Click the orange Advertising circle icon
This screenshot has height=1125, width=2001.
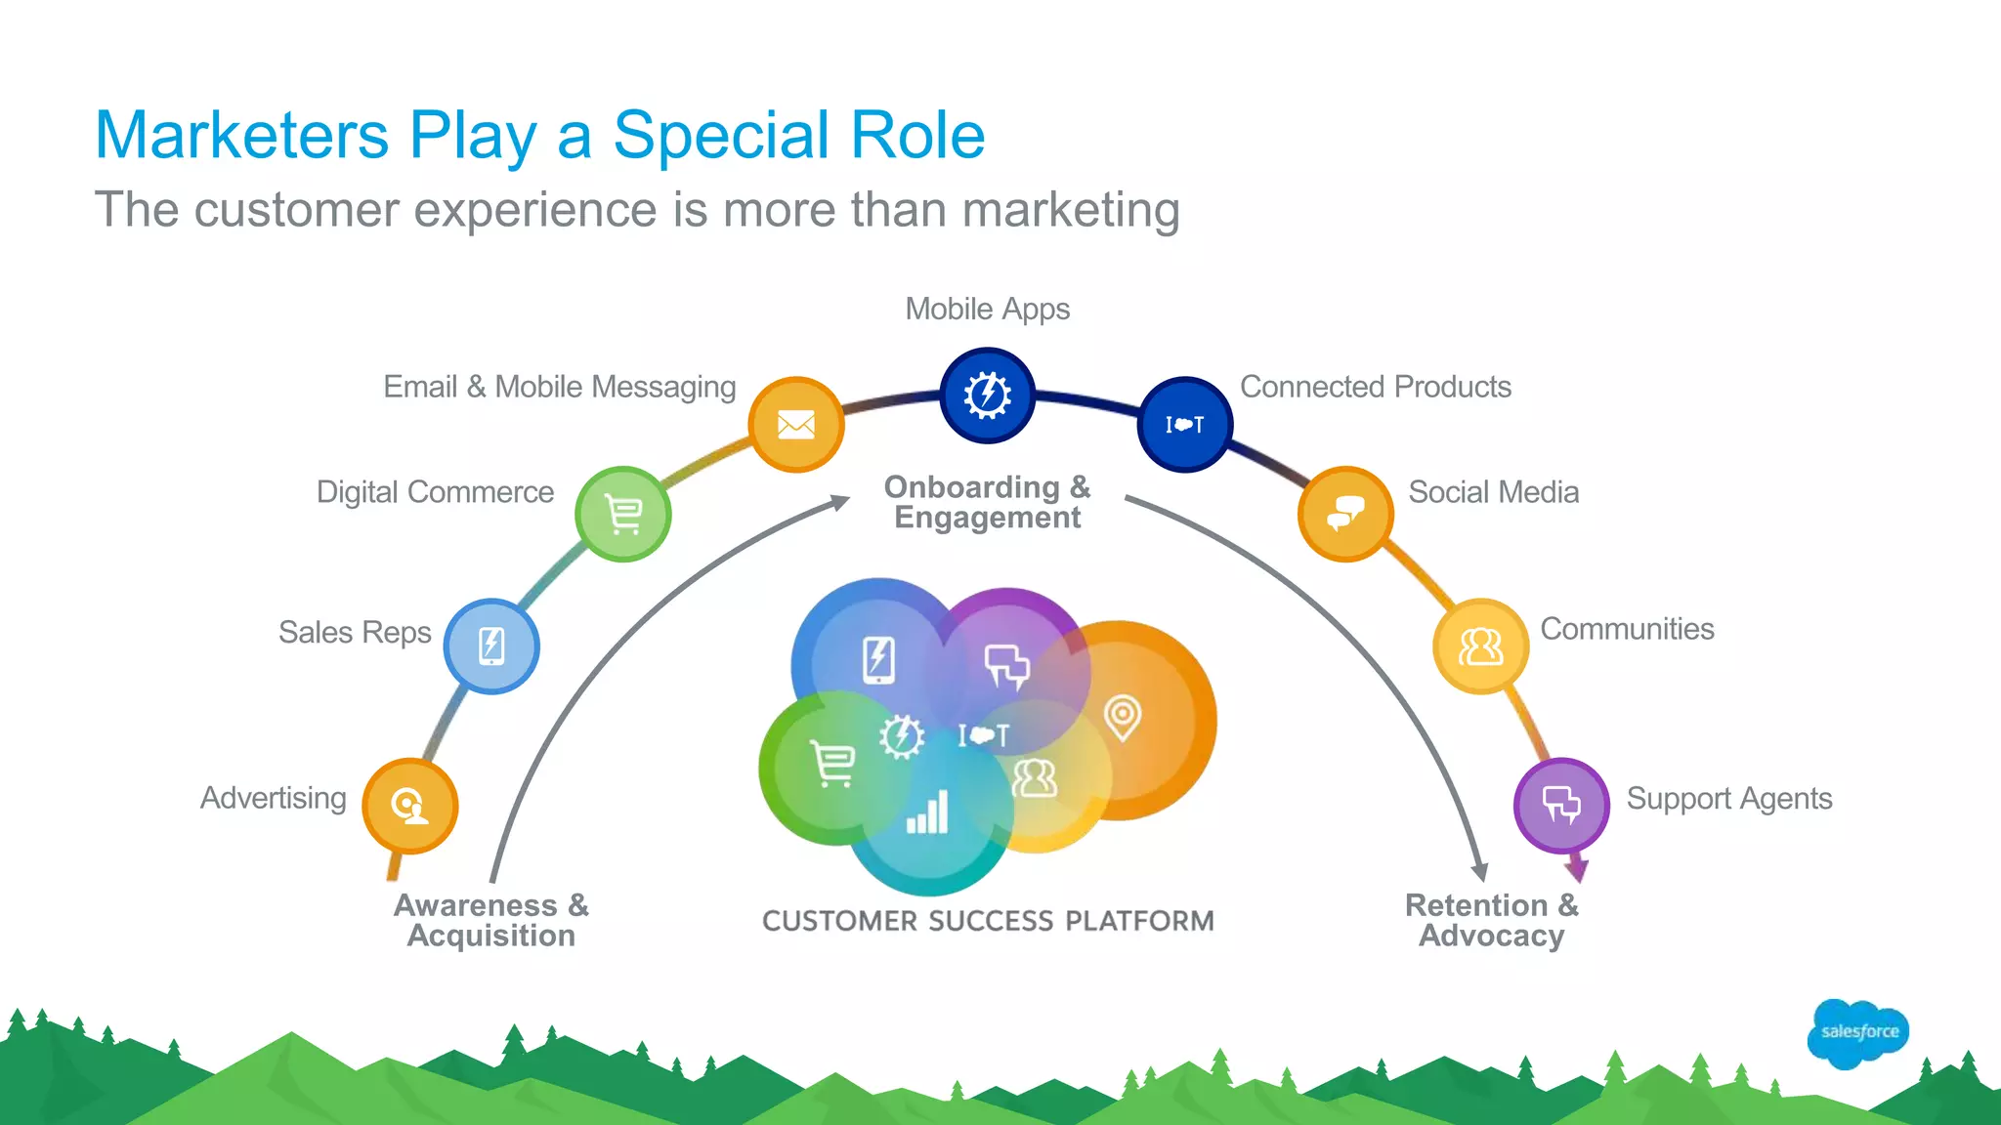click(x=409, y=806)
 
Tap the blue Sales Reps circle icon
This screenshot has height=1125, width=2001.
click(x=491, y=646)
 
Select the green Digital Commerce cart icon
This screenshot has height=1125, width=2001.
click(x=623, y=514)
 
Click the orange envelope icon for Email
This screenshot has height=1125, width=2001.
click(x=796, y=425)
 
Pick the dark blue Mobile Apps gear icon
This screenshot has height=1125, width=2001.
click(x=988, y=396)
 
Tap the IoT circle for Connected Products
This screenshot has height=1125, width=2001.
click(x=1184, y=425)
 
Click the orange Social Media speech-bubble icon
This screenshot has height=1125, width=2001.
click(x=1345, y=514)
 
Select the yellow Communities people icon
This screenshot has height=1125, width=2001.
click(x=1480, y=646)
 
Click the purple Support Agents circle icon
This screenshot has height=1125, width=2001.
click(x=1560, y=806)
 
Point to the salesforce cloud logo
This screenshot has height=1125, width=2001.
click(x=1858, y=1032)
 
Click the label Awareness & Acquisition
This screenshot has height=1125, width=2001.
click(x=491, y=920)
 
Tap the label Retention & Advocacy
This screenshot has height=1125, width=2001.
click(x=1491, y=920)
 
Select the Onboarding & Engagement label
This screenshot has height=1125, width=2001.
click(x=987, y=502)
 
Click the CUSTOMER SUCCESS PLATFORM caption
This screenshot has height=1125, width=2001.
click(x=988, y=921)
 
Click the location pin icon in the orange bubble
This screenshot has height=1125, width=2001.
click(x=1123, y=718)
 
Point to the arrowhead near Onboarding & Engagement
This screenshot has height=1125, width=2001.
click(x=840, y=502)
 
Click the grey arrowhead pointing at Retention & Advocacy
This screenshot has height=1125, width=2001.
click(x=1480, y=871)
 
